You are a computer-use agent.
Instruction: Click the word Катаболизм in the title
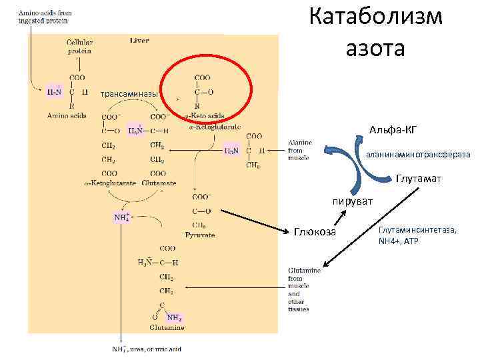coord(376,17)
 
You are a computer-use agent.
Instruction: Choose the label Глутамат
coord(417,179)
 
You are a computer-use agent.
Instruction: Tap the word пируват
coord(353,201)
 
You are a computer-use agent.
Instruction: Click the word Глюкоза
coord(315,231)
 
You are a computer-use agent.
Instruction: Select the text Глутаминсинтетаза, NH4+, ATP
coord(417,235)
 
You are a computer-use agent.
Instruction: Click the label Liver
coord(139,41)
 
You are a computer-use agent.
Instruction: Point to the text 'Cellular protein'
coord(79,46)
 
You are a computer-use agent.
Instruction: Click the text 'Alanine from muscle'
coord(299,150)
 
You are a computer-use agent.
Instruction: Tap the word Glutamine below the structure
coord(167,328)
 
